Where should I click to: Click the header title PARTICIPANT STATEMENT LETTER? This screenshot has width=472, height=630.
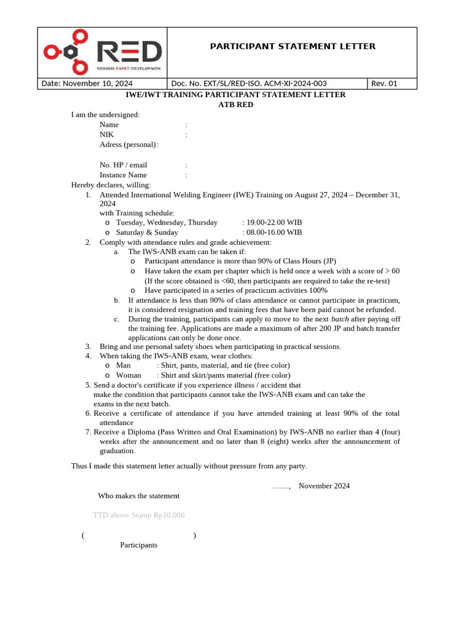coord(293,46)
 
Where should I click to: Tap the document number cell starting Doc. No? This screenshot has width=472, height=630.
coord(249,84)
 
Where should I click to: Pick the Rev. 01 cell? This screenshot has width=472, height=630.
coord(385,84)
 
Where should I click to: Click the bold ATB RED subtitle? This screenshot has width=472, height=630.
coord(235,105)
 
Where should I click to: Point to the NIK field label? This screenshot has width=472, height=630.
coord(106,134)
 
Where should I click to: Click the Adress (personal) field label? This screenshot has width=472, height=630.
coord(128,145)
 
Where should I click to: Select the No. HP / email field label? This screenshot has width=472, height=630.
coord(123,165)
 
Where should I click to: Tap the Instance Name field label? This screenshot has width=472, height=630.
coord(123,175)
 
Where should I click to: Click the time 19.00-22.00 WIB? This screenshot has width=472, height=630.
coord(274,222)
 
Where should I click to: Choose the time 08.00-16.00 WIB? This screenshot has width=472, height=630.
coord(274,233)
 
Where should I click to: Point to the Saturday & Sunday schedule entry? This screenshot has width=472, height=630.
coord(147,233)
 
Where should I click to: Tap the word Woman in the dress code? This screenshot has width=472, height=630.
coord(128,375)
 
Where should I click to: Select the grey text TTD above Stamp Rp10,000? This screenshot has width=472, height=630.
coord(138,515)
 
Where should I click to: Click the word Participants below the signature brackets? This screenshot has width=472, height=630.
coord(138,545)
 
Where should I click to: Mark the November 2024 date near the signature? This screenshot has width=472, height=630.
coord(324,485)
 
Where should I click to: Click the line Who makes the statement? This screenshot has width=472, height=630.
coord(138,496)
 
